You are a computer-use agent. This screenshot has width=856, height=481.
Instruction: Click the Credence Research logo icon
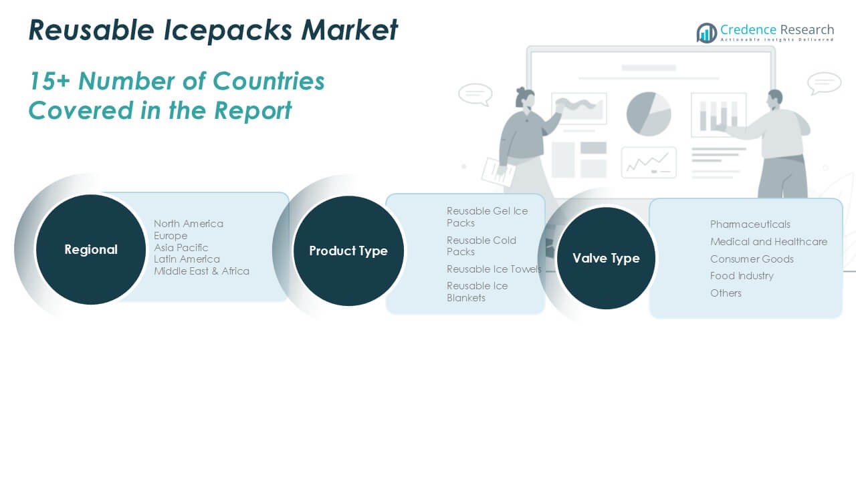click(706, 33)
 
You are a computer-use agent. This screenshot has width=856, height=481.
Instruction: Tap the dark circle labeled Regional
click(91, 250)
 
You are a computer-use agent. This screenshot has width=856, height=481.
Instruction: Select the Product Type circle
click(348, 251)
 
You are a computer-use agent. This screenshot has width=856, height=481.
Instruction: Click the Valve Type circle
click(606, 258)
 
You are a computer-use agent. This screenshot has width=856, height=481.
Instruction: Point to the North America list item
click(189, 224)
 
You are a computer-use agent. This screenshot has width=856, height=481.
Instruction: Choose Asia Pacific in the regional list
click(181, 247)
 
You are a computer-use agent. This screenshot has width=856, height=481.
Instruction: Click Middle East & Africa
click(201, 271)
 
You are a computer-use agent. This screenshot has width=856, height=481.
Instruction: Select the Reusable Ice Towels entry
click(494, 269)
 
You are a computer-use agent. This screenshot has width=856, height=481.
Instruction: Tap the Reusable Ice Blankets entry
click(477, 292)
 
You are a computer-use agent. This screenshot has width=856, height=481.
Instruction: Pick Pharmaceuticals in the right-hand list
click(750, 224)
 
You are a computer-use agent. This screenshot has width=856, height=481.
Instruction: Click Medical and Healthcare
click(768, 242)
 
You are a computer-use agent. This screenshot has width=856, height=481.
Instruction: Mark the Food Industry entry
click(742, 276)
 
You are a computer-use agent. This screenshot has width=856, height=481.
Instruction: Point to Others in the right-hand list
click(726, 293)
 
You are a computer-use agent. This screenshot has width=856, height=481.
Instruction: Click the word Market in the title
click(349, 30)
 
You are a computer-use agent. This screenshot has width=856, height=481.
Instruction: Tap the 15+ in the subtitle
click(49, 81)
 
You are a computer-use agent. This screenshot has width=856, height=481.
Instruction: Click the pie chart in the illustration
click(649, 114)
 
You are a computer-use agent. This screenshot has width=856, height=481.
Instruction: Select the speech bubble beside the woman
click(475, 94)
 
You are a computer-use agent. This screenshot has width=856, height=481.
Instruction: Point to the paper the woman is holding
click(498, 172)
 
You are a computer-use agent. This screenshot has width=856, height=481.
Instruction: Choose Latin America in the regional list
click(187, 259)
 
